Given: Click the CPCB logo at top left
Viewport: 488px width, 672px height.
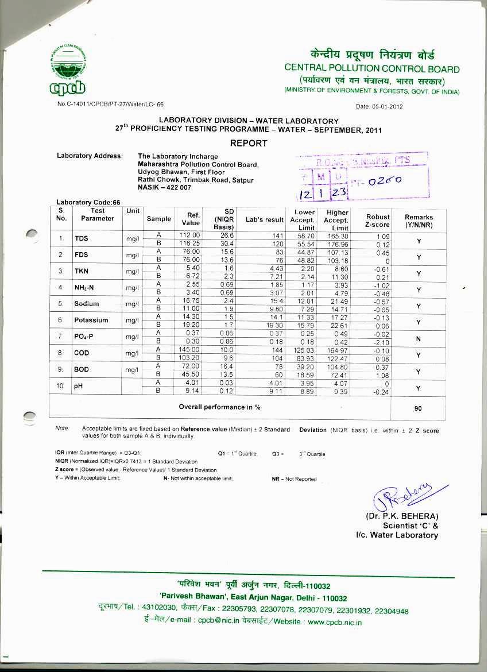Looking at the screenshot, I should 68,70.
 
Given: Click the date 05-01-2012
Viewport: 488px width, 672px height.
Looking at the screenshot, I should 380,107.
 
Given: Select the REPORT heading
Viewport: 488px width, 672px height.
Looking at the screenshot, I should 248,143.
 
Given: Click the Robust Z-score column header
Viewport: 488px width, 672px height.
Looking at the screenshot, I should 378,221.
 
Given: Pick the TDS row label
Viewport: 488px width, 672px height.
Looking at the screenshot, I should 81,238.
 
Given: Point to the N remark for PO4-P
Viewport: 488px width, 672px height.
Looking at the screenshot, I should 419,339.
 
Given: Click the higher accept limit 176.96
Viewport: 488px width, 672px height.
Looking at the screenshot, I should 336,244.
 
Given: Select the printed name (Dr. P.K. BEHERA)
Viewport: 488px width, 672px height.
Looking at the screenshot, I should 402,516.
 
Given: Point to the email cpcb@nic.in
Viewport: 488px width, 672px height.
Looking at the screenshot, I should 214,622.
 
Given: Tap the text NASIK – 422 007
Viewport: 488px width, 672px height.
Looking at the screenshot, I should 165,188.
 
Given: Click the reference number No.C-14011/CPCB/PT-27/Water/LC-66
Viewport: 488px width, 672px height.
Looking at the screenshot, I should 110,105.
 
